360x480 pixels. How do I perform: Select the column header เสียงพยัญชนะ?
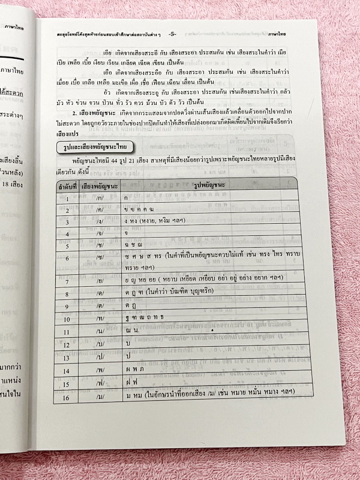[100, 185]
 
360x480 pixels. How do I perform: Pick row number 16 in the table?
[67, 397]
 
